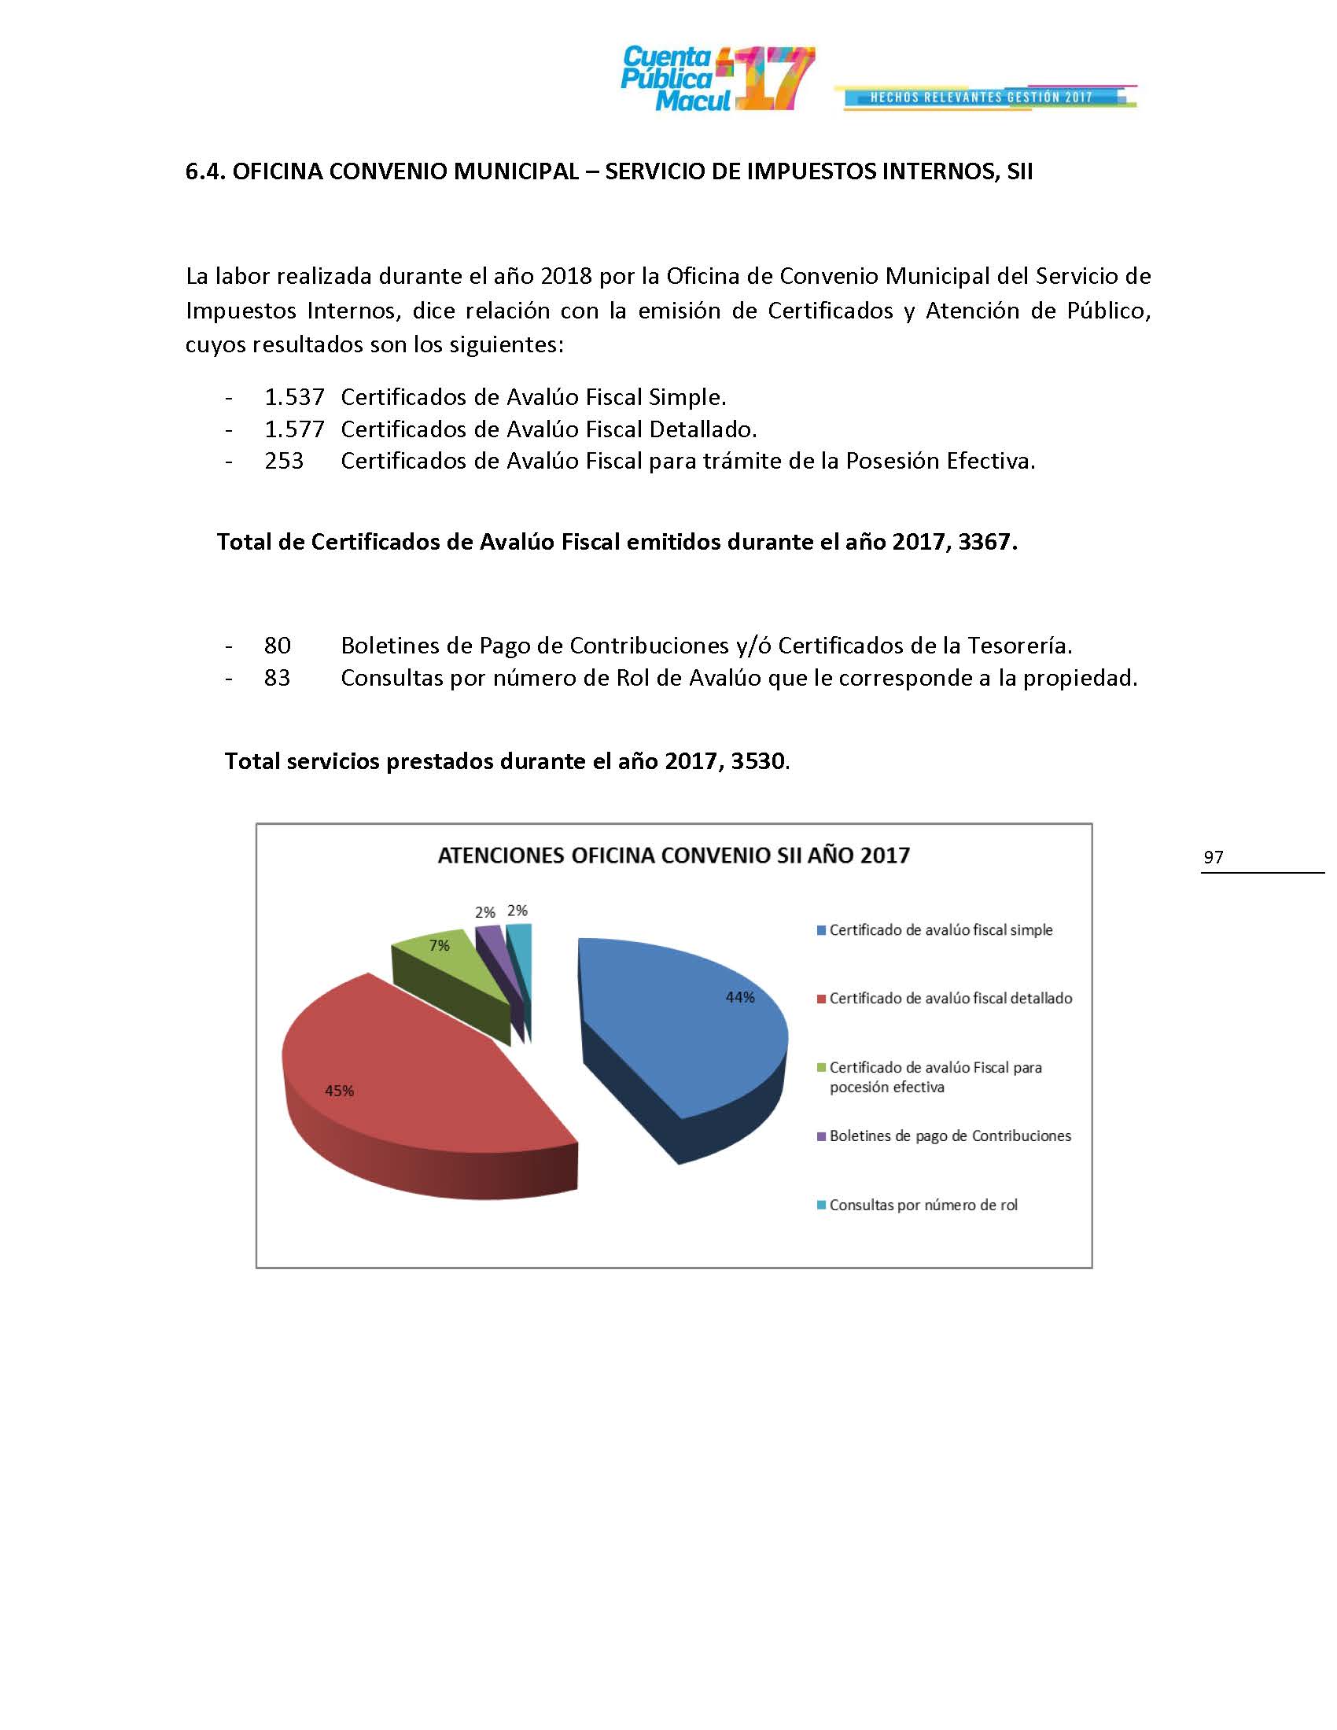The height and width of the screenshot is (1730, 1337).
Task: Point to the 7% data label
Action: [x=439, y=945]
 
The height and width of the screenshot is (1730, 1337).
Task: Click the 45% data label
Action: [x=339, y=1091]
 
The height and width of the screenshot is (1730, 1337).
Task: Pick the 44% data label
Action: [x=740, y=998]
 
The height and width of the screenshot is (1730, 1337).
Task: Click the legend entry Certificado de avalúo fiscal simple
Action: [x=940, y=930]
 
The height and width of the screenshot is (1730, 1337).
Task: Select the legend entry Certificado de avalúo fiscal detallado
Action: [x=950, y=998]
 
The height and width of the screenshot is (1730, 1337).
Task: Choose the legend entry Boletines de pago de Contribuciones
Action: [x=950, y=1136]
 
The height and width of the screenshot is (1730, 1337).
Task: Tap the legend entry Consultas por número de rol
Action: [x=923, y=1205]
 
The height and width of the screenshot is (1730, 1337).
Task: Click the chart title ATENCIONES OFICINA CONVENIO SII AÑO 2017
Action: [x=673, y=856]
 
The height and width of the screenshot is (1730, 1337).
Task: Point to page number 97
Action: [x=1213, y=857]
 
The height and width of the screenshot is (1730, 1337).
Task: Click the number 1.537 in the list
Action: [x=294, y=396]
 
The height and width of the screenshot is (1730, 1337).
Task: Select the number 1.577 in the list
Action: [x=294, y=429]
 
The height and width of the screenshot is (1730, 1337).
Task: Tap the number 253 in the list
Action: [x=284, y=461]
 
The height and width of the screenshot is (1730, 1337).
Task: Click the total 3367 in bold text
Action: [x=985, y=542]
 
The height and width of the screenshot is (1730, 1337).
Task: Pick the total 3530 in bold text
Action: [x=759, y=761]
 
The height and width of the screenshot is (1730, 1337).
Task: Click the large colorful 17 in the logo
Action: [x=773, y=79]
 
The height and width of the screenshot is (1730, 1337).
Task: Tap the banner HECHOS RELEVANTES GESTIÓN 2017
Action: [x=981, y=98]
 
